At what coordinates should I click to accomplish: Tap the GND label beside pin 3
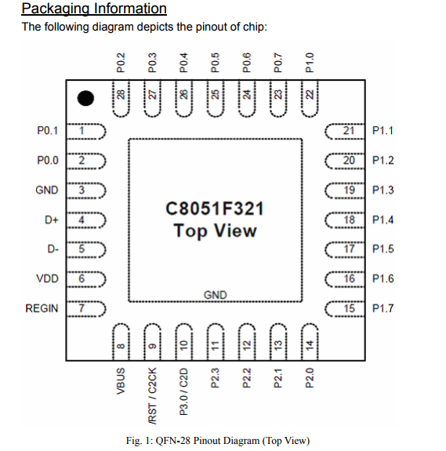click(x=46, y=190)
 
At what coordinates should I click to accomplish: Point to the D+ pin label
click(x=53, y=220)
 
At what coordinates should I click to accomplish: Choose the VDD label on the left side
click(x=46, y=278)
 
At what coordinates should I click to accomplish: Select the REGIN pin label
click(x=42, y=308)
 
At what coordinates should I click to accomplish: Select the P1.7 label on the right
click(x=383, y=308)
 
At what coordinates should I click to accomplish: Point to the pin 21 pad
click(x=345, y=130)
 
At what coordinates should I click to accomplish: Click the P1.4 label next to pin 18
click(x=383, y=220)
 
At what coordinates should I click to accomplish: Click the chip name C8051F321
click(x=215, y=209)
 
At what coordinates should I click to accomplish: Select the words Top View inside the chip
click(x=215, y=231)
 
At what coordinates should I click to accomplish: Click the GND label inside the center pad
click(x=215, y=295)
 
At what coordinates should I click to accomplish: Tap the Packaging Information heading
click(x=94, y=9)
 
